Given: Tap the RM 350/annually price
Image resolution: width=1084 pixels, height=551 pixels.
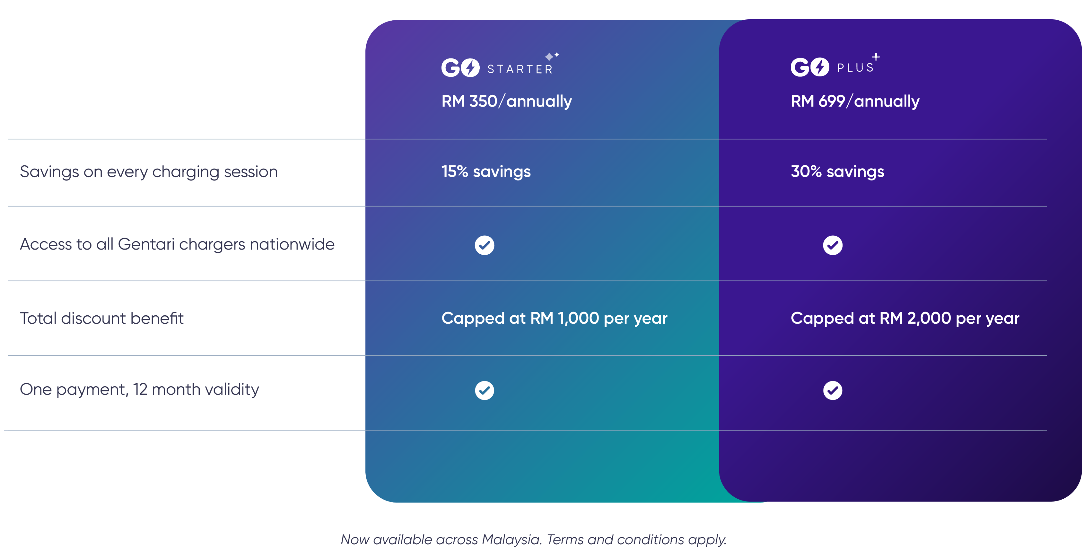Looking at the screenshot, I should click(506, 101).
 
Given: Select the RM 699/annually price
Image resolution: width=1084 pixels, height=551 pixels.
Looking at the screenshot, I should click(855, 101).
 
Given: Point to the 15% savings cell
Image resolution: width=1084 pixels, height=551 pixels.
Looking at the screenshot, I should click(486, 172).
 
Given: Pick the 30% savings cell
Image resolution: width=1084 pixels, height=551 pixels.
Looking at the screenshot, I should click(837, 172).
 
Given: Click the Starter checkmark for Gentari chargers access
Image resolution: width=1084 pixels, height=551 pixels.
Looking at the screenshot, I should click(484, 245).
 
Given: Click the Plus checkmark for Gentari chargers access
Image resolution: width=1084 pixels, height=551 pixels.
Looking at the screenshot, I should click(832, 245).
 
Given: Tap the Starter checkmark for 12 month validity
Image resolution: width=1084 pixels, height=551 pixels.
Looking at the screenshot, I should click(484, 390).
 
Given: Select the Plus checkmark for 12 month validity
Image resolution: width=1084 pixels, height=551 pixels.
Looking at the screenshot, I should click(832, 390).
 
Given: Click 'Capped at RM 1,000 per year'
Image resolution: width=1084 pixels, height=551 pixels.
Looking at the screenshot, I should click(554, 318).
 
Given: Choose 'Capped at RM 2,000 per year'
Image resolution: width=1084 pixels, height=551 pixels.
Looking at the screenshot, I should click(904, 318).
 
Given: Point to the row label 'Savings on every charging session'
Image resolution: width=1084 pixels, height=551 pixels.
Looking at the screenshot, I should click(149, 172).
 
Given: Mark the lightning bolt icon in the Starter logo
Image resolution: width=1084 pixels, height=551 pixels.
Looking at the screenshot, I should click(470, 67).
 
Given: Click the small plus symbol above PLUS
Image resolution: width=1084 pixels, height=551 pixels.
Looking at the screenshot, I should click(876, 56).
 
